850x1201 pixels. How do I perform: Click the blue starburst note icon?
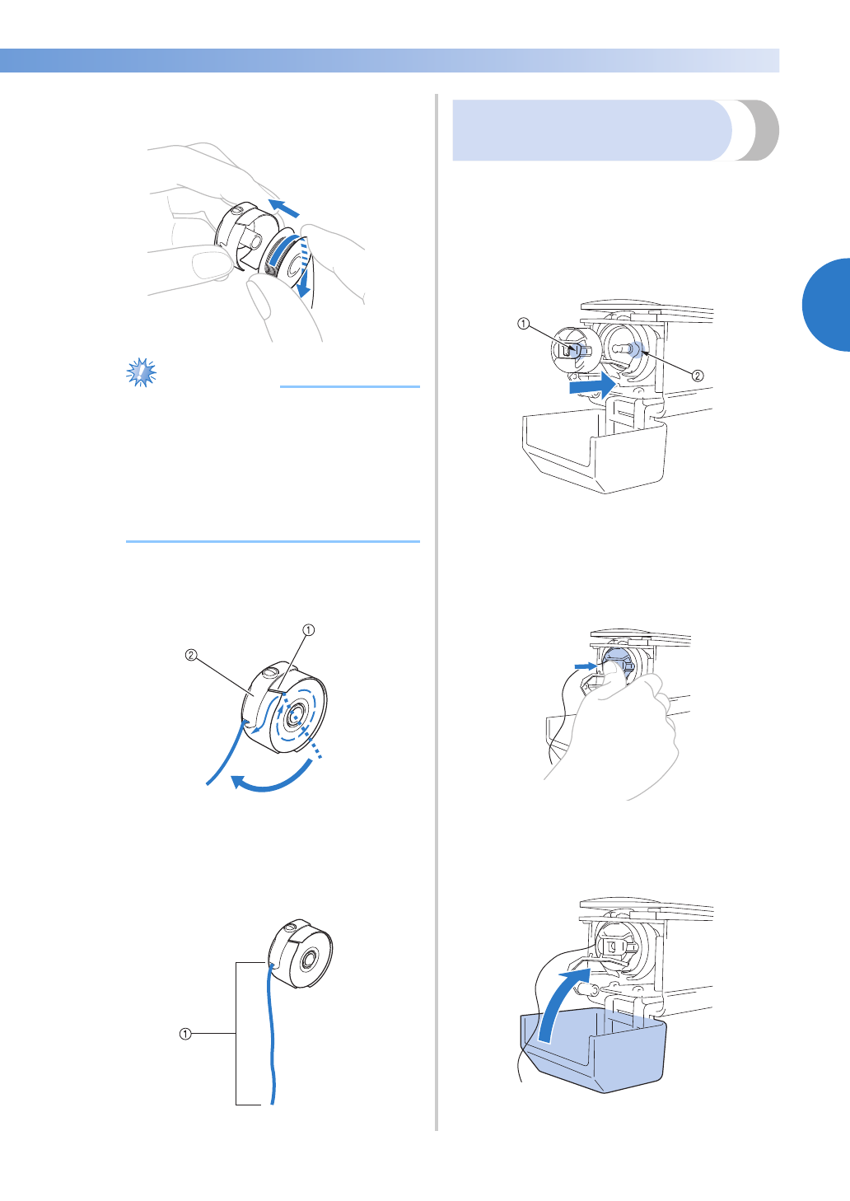[141, 372]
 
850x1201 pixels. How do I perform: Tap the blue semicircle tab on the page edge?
[826, 305]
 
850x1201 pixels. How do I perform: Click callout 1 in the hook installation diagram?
[523, 324]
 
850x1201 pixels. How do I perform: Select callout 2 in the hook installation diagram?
[698, 376]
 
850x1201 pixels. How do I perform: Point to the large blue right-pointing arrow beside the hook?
[593, 386]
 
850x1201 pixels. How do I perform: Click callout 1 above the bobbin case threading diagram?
[309, 629]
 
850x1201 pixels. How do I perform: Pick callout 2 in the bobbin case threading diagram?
[191, 655]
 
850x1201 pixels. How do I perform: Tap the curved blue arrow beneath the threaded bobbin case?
[273, 777]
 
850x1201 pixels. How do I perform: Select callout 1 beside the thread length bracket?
[184, 1034]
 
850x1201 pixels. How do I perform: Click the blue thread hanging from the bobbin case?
[273, 1034]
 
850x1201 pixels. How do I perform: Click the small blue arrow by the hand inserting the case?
[586, 666]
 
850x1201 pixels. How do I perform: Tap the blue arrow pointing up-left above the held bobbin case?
[284, 208]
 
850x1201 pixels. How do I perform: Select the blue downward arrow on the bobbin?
[305, 268]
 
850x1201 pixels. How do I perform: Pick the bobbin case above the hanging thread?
[300, 954]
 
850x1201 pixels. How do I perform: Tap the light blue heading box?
[591, 130]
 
